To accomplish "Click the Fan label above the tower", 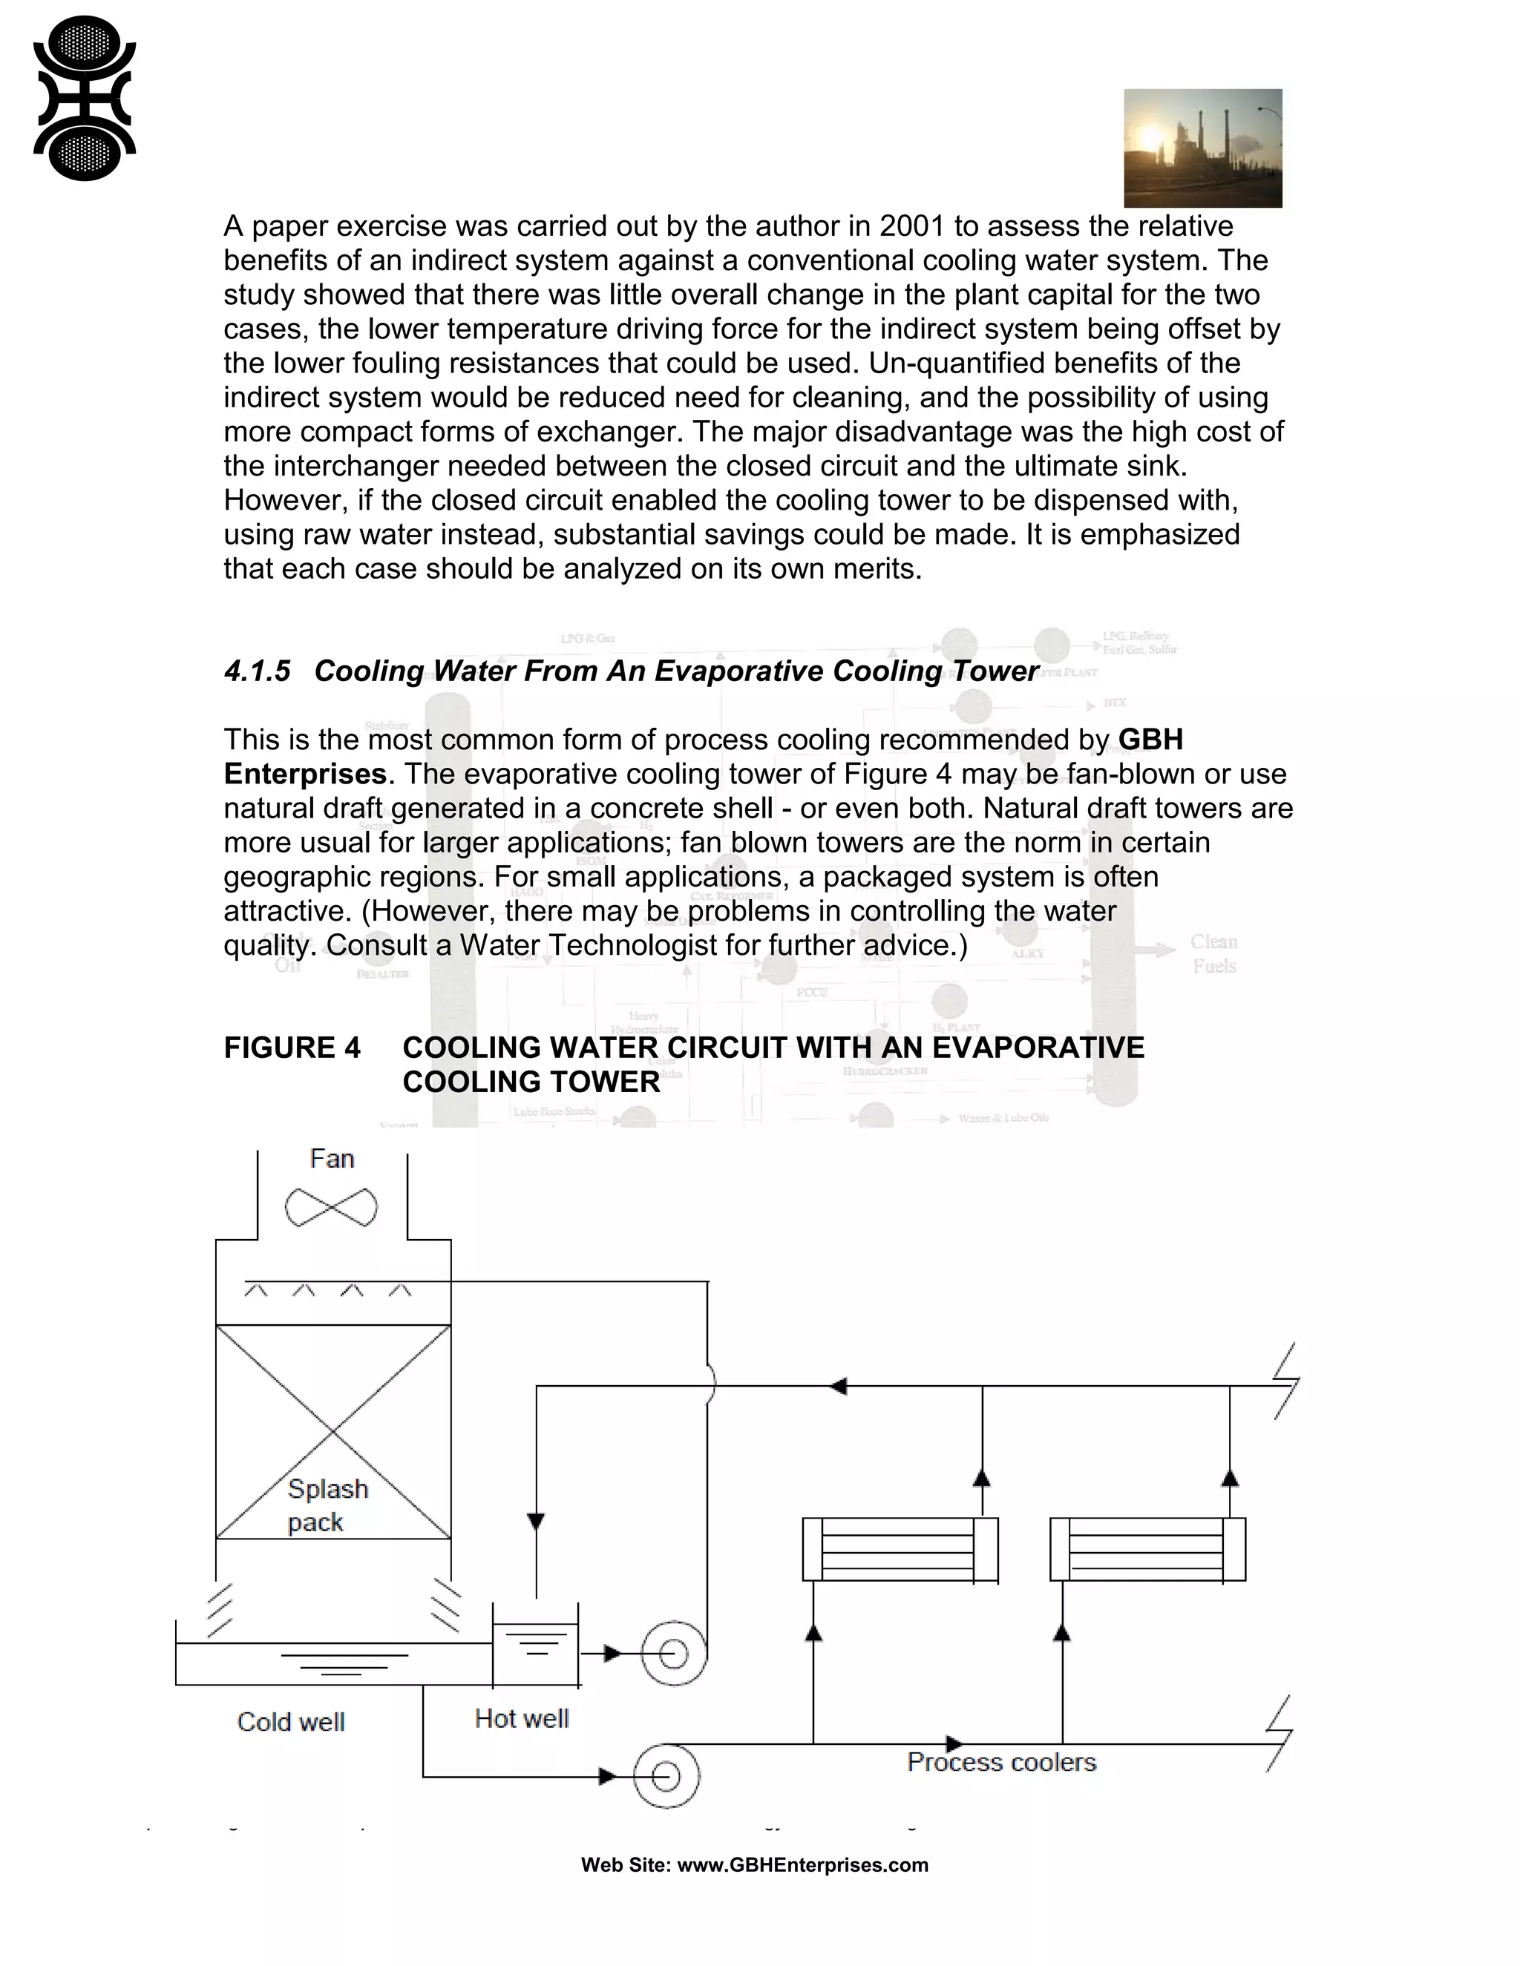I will point(331,1159).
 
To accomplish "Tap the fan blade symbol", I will point(331,1207).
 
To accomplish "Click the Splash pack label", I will point(327,1505).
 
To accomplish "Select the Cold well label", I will point(291,1722).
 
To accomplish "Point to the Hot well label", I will point(521,1718).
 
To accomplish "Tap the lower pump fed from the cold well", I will point(666,1776).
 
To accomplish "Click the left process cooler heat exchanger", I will point(900,1549).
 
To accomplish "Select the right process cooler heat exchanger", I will point(1147,1549).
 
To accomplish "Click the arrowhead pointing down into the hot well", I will point(536,1522).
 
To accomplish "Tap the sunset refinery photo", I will point(1202,148).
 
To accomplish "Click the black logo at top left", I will point(84,98).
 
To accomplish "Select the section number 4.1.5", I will point(258,671).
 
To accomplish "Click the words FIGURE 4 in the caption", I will point(292,1048).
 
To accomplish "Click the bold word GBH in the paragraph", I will point(1150,739).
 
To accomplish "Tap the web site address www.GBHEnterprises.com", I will point(802,1864).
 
